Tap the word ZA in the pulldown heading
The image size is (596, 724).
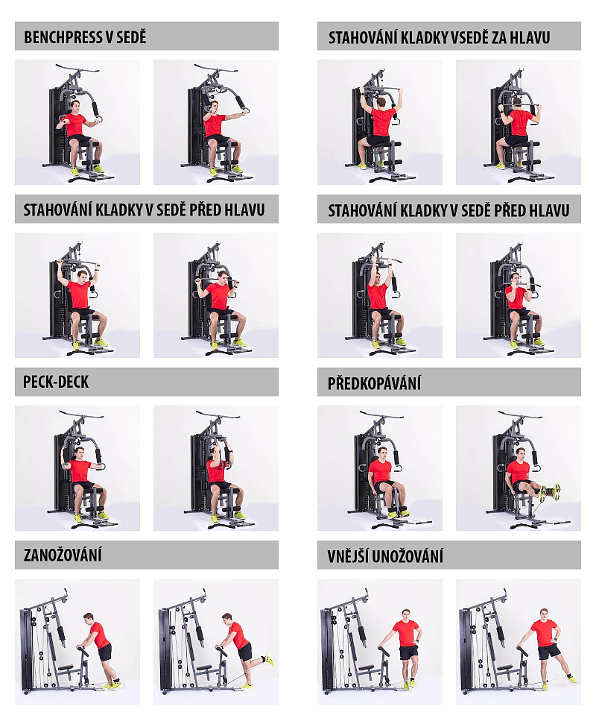[x=498, y=37]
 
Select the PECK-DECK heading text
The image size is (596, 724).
[x=56, y=382]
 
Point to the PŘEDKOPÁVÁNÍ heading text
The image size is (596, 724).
[x=374, y=383]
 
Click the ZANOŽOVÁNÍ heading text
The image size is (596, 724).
[x=63, y=555]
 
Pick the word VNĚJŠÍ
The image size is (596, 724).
[x=347, y=556]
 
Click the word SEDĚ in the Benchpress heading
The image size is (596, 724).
[x=131, y=37]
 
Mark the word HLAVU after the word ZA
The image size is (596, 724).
[x=530, y=37]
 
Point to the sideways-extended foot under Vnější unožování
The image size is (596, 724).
[x=571, y=679]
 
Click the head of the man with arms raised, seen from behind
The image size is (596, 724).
[x=381, y=102]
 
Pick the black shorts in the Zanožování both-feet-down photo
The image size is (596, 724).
[x=105, y=652]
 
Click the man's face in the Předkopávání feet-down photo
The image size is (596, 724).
[x=382, y=453]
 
